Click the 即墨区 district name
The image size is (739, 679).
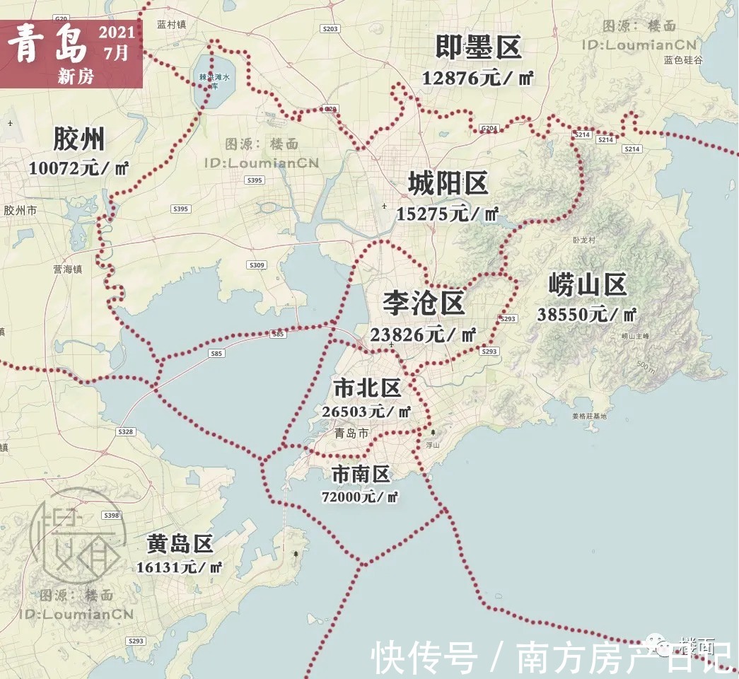click(x=479, y=48)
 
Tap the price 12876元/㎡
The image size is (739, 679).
click(x=477, y=78)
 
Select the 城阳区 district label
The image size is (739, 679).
click(x=448, y=185)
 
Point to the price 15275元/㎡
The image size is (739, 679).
click(x=448, y=214)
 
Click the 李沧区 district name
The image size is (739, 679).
click(x=424, y=303)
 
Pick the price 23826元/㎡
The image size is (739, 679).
click(x=424, y=335)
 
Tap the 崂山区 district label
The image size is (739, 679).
click(x=587, y=286)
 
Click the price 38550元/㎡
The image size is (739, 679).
click(x=587, y=315)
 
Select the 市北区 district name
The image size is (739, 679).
click(x=367, y=388)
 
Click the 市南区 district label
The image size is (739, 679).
click(x=361, y=475)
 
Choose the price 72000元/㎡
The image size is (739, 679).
click(x=360, y=497)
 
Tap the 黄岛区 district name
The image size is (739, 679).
click(x=180, y=544)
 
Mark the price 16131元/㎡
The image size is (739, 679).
click(x=180, y=567)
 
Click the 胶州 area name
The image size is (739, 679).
click(x=78, y=139)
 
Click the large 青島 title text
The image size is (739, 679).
click(x=48, y=45)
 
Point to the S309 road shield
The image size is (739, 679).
click(x=257, y=265)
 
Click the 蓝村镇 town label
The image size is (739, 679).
click(x=171, y=24)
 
